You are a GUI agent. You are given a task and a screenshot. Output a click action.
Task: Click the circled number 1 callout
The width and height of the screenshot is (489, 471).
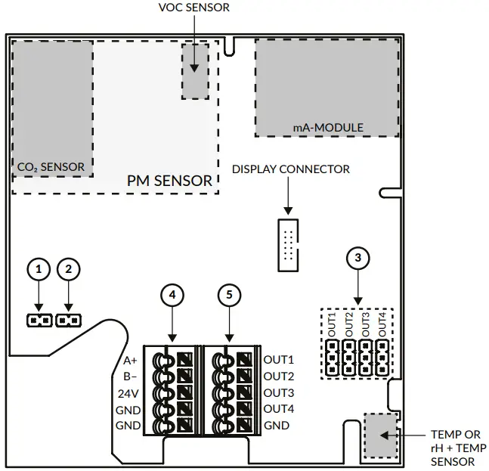(x=39, y=269)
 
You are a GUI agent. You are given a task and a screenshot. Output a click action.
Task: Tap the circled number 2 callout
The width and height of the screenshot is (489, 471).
(x=69, y=269)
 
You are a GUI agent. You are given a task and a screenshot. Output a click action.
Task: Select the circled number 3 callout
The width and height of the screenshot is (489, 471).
(x=358, y=258)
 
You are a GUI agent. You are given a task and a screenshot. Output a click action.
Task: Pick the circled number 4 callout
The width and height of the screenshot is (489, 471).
(x=172, y=295)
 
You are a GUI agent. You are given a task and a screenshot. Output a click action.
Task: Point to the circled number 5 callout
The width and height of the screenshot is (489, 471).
(x=229, y=295)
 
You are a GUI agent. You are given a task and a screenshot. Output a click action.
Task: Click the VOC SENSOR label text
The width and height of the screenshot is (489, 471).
(x=194, y=8)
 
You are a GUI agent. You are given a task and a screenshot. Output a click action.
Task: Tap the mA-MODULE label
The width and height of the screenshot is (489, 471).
(x=328, y=127)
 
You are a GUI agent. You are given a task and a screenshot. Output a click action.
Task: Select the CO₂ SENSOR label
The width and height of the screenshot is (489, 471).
(x=51, y=167)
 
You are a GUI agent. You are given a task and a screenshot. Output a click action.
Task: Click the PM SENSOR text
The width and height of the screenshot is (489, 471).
(x=169, y=181)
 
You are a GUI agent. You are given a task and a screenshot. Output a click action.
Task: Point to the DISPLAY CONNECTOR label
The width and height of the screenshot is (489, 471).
(x=291, y=169)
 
